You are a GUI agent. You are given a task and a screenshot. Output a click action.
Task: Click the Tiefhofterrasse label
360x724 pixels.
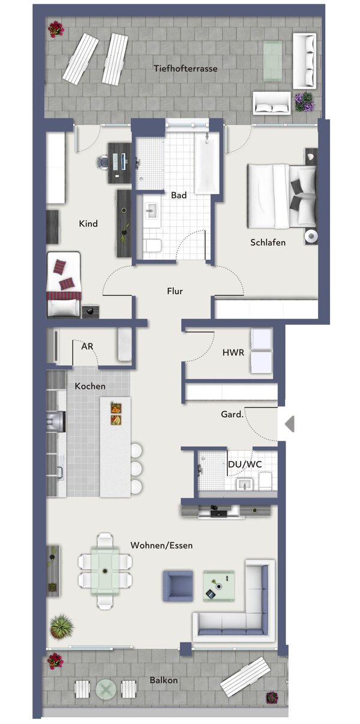(185, 68)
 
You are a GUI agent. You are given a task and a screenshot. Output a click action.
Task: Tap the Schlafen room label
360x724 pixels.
(268, 243)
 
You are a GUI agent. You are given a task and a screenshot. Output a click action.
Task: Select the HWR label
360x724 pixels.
(233, 352)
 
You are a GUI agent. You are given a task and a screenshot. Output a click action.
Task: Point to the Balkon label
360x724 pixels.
(164, 680)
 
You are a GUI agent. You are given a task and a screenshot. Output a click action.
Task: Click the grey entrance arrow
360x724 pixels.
(290, 424)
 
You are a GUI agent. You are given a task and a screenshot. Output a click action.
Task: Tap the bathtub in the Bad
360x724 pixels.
(207, 163)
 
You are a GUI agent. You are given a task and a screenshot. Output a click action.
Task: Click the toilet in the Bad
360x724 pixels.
(152, 245)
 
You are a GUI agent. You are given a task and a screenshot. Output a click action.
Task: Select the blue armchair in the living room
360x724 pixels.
(178, 585)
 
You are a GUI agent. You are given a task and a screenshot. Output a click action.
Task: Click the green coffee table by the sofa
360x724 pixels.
(218, 585)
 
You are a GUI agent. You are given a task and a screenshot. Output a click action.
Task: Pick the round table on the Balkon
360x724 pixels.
(106, 689)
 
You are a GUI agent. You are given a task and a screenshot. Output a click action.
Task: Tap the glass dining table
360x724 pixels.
(105, 569)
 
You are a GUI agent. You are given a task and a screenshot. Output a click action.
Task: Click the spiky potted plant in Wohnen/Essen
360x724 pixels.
(61, 627)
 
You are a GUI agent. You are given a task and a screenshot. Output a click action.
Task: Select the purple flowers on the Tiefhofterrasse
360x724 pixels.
(304, 101)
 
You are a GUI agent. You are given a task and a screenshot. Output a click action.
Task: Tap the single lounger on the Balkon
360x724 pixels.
(245, 677)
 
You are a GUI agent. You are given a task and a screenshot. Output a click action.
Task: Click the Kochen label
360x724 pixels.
(90, 386)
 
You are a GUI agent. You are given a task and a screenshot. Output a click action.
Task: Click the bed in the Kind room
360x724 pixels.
(64, 283)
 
